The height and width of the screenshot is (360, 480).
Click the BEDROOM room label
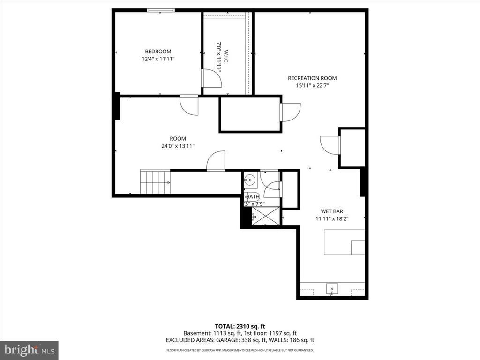click(158, 52)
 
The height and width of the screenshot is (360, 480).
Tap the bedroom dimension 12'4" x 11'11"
click(158, 59)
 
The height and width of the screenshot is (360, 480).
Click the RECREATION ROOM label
click(312, 78)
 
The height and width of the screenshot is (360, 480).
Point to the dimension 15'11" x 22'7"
click(312, 86)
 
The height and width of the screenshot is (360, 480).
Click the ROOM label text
click(178, 138)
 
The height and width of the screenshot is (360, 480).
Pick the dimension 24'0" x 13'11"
click(178, 146)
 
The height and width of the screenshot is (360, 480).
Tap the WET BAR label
click(332, 211)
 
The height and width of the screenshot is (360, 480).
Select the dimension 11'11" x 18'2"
click(332, 218)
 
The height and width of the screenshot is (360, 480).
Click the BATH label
click(252, 196)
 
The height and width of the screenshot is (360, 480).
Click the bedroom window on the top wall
click(161, 10)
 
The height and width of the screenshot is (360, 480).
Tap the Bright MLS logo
click(29, 350)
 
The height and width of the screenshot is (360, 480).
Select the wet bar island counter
click(344, 242)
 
